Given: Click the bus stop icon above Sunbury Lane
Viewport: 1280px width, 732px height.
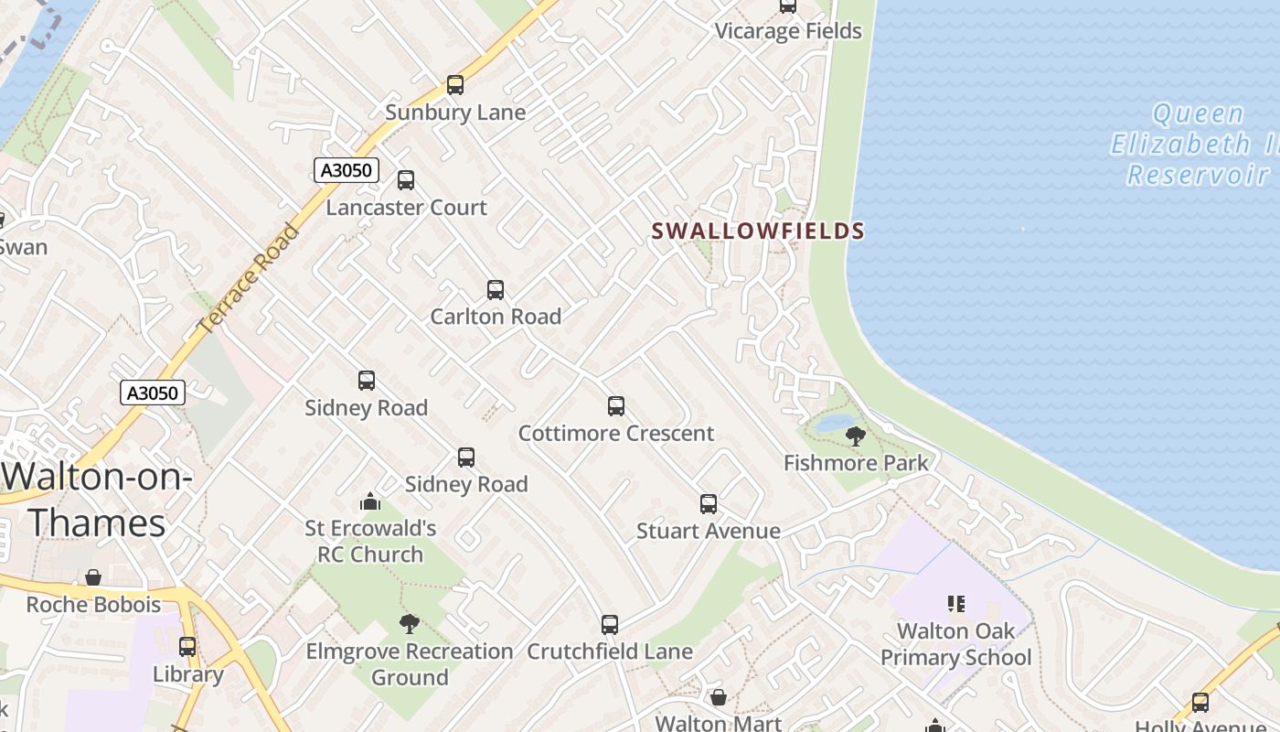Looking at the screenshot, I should pyautogui.click(x=455, y=85).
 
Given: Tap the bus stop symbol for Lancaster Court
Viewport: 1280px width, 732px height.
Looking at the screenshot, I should pyautogui.click(x=406, y=180).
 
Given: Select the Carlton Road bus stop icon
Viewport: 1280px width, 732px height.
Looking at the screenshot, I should pyautogui.click(x=496, y=290).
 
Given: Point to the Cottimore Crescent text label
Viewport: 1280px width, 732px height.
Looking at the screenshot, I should pyautogui.click(x=615, y=433).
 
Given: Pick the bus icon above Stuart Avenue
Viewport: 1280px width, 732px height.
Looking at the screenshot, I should pyautogui.click(x=709, y=503).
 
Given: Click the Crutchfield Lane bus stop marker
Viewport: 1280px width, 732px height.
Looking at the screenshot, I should pyautogui.click(x=610, y=625).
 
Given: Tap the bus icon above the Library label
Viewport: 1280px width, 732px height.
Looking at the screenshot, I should pyautogui.click(x=187, y=647).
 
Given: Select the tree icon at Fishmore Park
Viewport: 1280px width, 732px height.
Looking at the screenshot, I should pyautogui.click(x=856, y=436).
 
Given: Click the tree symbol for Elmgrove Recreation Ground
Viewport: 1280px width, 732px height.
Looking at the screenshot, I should pyautogui.click(x=410, y=624).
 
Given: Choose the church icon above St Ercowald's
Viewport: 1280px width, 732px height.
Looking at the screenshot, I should pyautogui.click(x=370, y=501).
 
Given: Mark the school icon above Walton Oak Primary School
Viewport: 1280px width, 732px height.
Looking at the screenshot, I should pyautogui.click(x=956, y=604).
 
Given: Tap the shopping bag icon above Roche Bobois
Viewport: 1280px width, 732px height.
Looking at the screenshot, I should pyautogui.click(x=93, y=577).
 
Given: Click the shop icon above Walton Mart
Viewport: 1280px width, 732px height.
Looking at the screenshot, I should pyautogui.click(x=719, y=697).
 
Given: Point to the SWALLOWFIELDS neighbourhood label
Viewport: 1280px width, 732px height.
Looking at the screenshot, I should pyautogui.click(x=758, y=231).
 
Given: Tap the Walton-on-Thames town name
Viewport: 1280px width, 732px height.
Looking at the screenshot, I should pyautogui.click(x=97, y=500).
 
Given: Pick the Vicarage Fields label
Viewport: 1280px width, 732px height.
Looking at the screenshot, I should pyautogui.click(x=788, y=31).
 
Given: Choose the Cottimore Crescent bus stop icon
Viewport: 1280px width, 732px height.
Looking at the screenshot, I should pyautogui.click(x=616, y=405).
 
